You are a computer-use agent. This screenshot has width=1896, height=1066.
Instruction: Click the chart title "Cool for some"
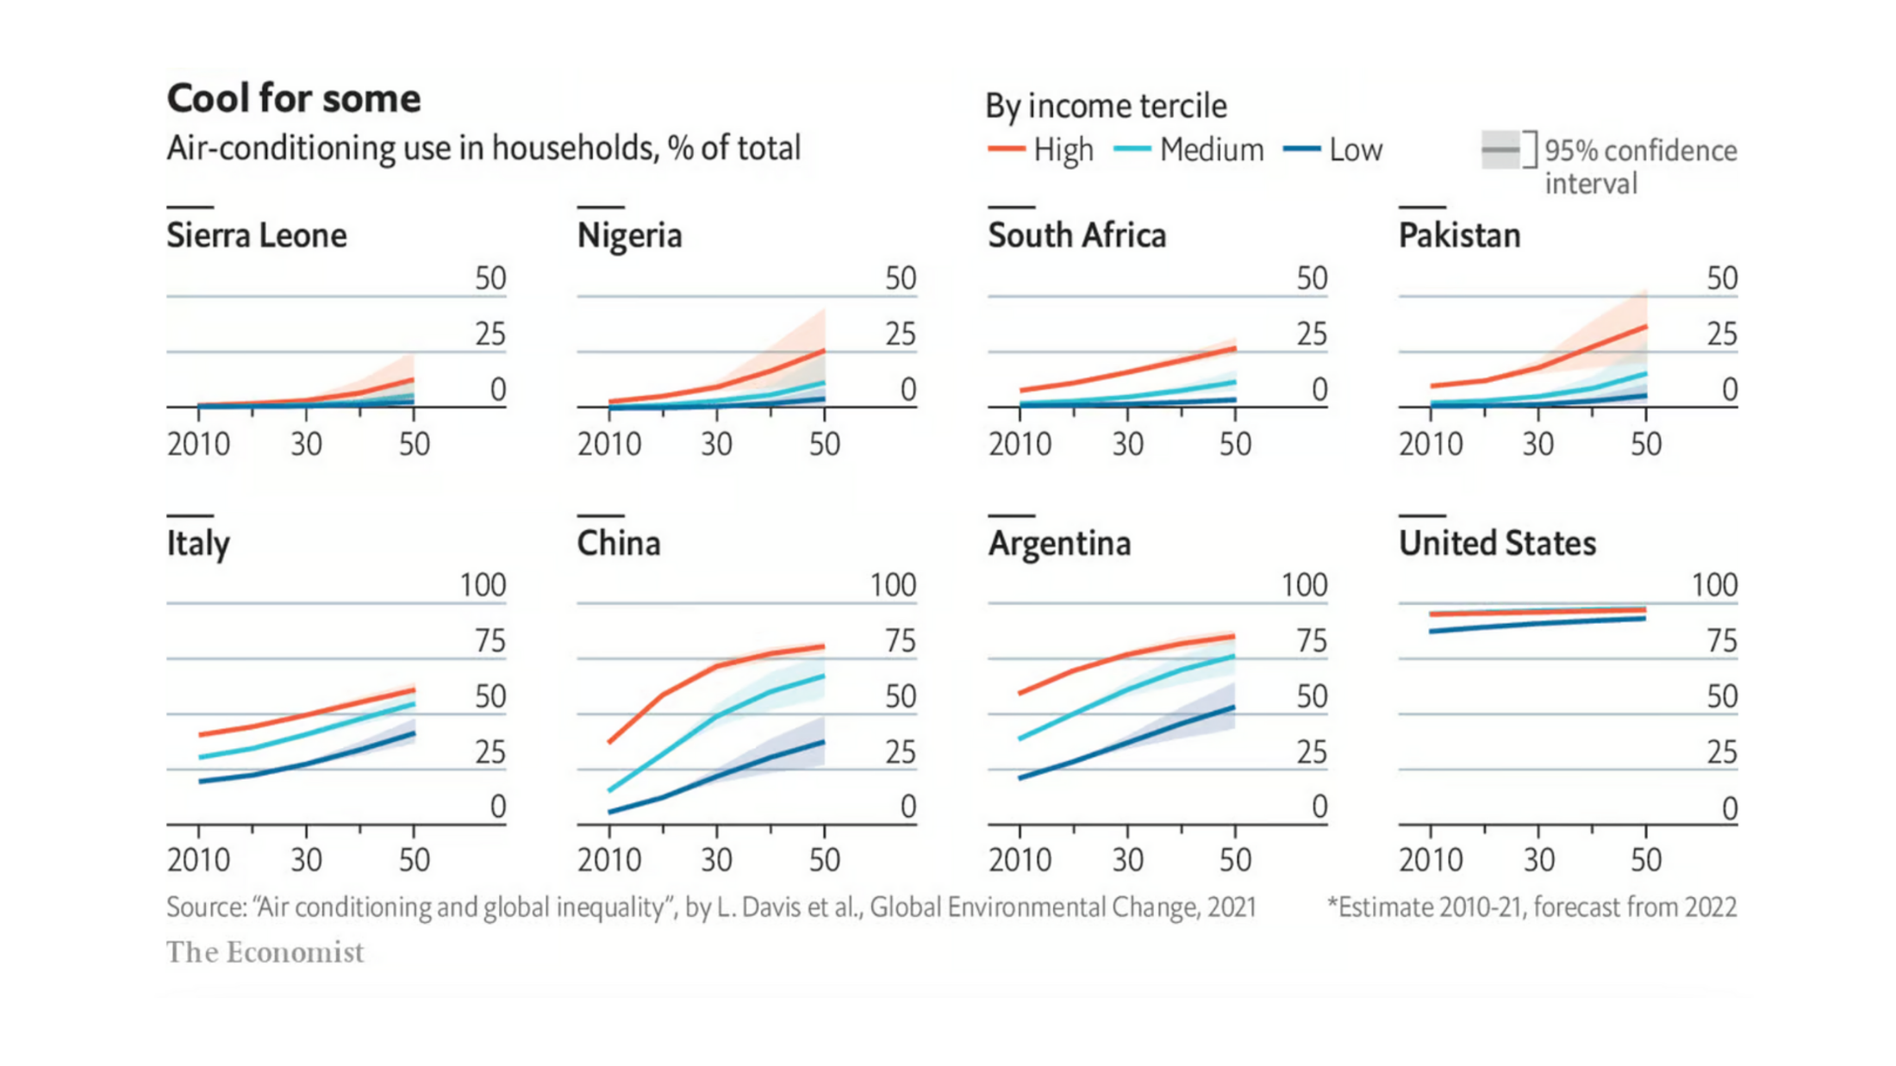click(293, 98)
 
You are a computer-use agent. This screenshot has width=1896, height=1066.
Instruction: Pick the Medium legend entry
click(1189, 150)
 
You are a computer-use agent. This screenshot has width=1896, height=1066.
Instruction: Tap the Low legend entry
click(1333, 150)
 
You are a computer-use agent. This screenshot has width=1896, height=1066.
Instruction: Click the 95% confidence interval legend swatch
click(1500, 150)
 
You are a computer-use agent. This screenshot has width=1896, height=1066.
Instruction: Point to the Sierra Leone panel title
click(256, 235)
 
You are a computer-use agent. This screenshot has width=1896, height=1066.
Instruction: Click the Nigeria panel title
click(629, 235)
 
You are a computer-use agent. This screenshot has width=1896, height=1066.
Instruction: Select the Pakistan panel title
click(1459, 235)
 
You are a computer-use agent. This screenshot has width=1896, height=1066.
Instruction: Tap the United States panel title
click(1497, 544)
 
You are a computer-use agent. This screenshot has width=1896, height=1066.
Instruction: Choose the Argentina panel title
click(1059, 544)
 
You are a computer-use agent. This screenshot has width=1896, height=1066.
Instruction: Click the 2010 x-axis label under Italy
click(198, 859)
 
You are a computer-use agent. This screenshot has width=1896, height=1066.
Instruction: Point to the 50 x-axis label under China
click(824, 859)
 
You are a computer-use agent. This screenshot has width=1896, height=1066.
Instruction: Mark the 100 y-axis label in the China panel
click(892, 586)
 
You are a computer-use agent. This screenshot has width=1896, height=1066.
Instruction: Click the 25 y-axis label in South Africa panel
click(1312, 334)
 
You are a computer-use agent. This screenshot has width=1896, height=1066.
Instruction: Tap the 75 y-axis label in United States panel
click(1722, 642)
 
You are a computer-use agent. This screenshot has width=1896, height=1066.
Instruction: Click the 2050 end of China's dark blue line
click(823, 742)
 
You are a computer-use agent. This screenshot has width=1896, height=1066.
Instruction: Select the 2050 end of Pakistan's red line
click(1645, 327)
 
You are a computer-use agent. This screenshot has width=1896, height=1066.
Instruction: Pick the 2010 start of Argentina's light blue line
click(1020, 739)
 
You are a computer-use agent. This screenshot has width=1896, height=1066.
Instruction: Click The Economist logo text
click(265, 952)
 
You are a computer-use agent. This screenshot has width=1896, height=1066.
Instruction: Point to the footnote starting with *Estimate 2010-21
click(1531, 907)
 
